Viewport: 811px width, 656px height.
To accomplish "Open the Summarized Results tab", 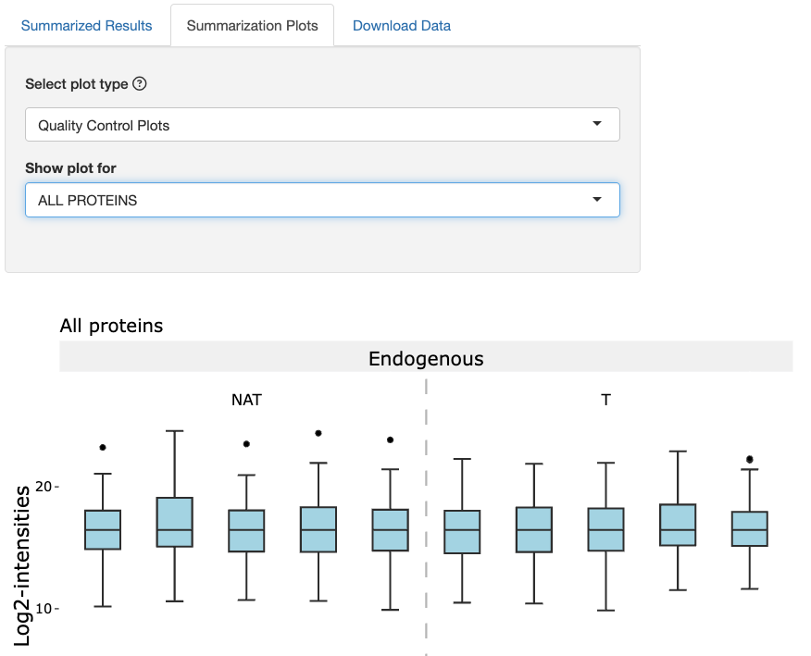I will click(x=86, y=26).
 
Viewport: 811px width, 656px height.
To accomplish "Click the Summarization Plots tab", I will click(x=252, y=26).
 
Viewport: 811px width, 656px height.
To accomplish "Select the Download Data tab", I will click(x=402, y=26).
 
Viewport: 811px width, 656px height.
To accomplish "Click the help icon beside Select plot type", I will click(x=140, y=84).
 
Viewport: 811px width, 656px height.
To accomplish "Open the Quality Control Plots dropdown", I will click(x=322, y=125).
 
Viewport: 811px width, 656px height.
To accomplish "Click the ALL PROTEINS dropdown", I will click(x=322, y=200).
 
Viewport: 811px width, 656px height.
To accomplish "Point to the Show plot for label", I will click(x=70, y=168).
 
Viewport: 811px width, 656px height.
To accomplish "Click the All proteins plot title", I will click(x=111, y=326).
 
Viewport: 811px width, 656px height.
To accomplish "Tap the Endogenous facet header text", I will click(x=426, y=358).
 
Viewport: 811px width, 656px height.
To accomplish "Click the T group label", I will click(x=605, y=401).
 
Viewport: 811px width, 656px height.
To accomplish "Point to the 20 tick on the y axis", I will click(x=44, y=487).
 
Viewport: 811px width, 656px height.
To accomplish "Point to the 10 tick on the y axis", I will click(x=44, y=609).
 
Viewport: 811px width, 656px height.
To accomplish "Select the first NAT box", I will click(x=103, y=530).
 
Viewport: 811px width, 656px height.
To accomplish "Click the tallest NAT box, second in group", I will click(x=174, y=522).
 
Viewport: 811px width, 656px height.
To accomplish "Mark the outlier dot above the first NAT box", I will click(x=103, y=448).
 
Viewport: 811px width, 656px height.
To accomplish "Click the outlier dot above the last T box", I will click(x=750, y=459).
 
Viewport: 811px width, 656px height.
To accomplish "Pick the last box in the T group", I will click(x=750, y=528).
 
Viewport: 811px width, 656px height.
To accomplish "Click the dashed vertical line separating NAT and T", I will click(x=426, y=518).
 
